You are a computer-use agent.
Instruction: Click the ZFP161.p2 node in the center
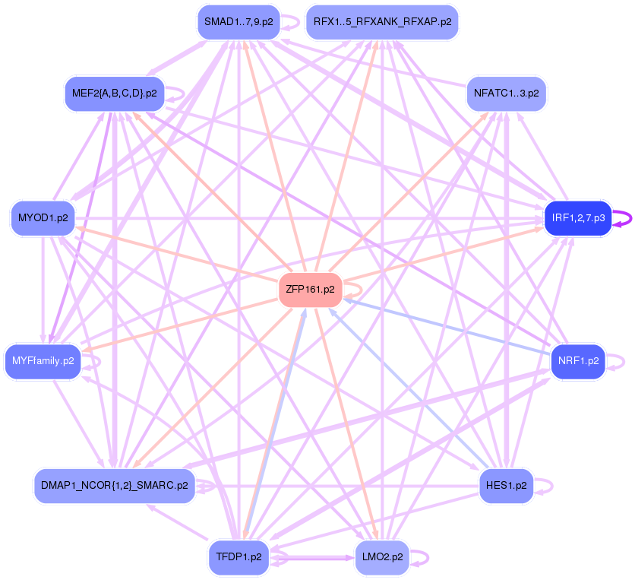coord(310,290)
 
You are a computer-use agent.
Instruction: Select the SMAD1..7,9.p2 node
coord(236,21)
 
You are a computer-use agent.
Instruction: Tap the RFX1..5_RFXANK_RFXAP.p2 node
coord(381,21)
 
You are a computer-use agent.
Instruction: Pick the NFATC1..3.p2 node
coord(506,93)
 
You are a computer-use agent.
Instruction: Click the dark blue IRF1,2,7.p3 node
coord(577,218)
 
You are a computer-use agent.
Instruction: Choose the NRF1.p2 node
coord(577,361)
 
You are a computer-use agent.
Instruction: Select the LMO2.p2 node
coord(381,557)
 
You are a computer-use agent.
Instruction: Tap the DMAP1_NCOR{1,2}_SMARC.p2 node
coord(115,484)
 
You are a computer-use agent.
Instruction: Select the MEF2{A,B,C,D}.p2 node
coord(115,93)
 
